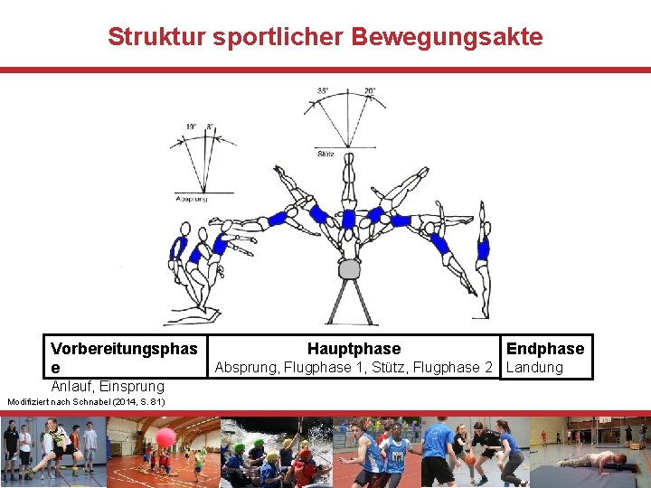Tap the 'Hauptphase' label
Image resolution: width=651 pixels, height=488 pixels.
pos(354,349)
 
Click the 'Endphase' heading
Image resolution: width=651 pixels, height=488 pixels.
pos(545,349)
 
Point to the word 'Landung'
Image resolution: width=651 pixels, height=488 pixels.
pos(534,368)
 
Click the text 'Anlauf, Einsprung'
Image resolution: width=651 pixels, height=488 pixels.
pos(108,386)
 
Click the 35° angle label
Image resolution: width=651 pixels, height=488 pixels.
pos(323,90)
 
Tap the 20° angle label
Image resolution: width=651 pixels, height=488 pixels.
pos(371,90)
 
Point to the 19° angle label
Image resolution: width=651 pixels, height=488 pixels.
pos(192,127)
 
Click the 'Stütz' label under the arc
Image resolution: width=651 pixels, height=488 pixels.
pos(326,155)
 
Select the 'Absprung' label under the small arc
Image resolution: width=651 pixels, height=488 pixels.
pos(192,199)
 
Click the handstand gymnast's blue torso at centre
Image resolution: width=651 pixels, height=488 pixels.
pos(348,218)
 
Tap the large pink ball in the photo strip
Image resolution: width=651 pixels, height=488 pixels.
pos(165,438)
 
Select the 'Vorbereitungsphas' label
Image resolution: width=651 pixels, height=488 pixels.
pos(124,349)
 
